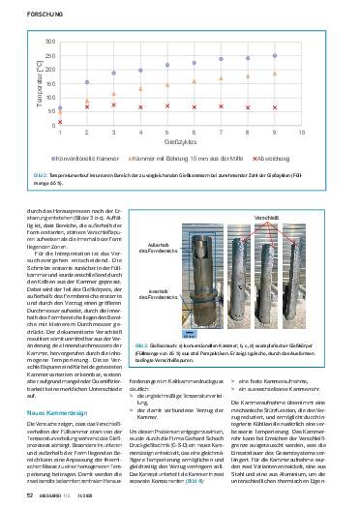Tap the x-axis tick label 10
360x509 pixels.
[302, 132]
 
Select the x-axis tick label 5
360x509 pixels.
[167, 132]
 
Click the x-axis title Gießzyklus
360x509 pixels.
[180, 141]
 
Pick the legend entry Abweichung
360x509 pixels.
[274, 154]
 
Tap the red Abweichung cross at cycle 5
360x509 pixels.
[167, 105]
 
